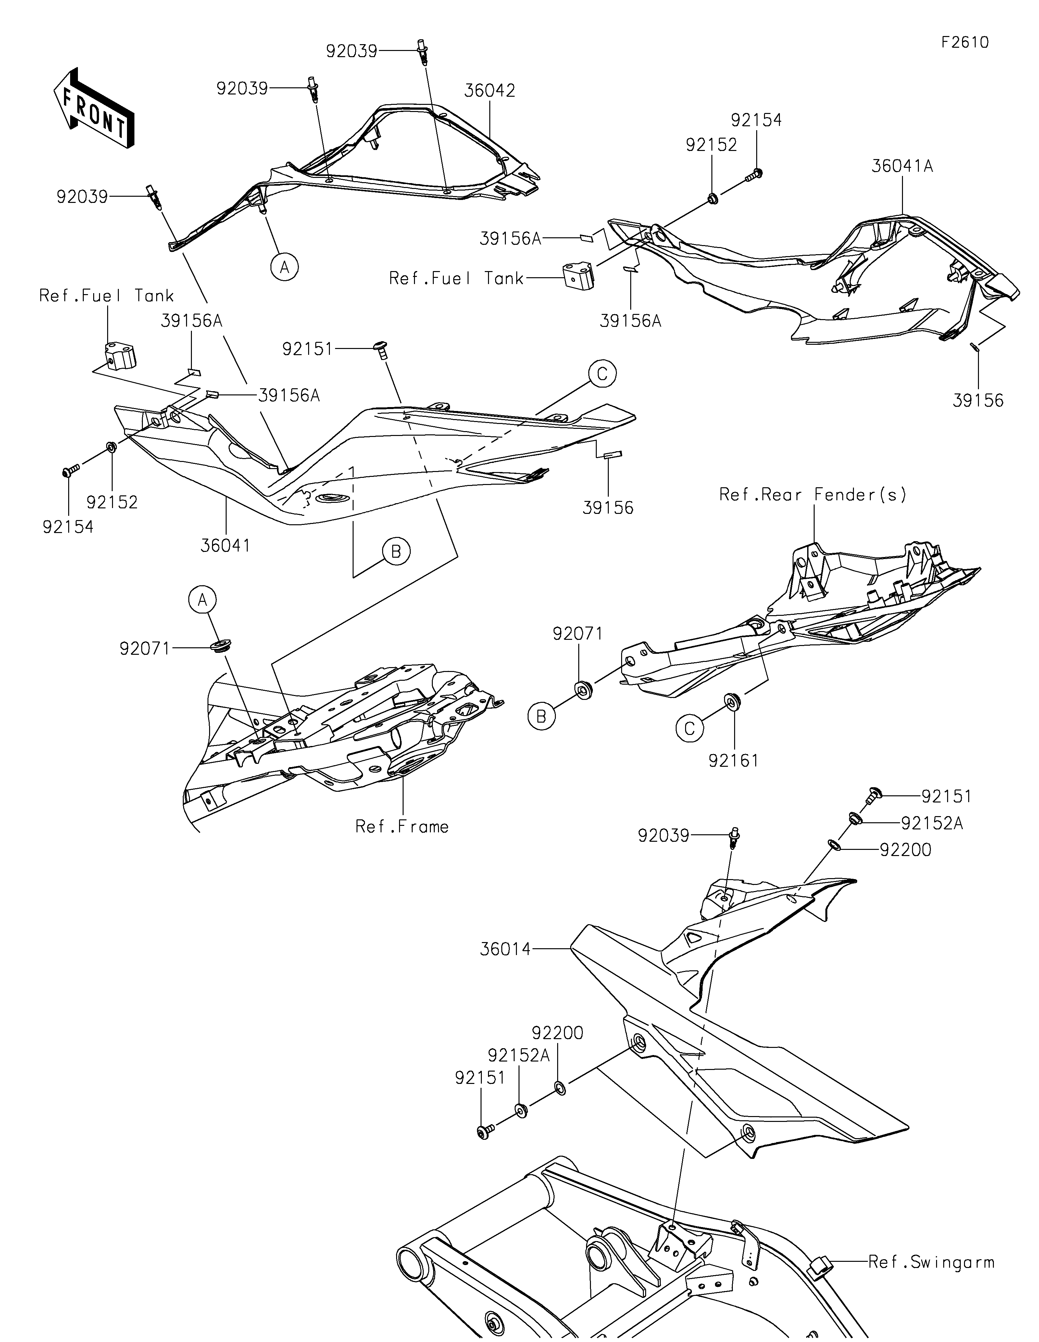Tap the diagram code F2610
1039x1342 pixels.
click(965, 43)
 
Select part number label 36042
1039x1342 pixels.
click(490, 90)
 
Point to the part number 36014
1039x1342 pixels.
click(506, 949)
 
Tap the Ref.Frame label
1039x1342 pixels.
click(402, 826)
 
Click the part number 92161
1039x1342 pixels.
click(733, 761)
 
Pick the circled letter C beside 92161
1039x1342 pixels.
click(689, 728)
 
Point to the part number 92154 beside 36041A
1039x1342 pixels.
click(757, 120)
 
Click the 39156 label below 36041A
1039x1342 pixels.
click(978, 401)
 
